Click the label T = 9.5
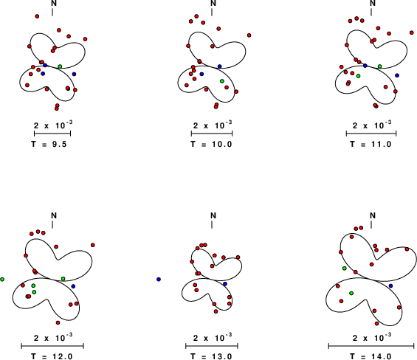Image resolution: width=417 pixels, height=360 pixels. pos(49,144)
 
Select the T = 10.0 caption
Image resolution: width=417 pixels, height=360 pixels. pos(211,144)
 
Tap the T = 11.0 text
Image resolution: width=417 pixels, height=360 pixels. pos(371,144)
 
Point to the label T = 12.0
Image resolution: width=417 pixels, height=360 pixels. pos(52,356)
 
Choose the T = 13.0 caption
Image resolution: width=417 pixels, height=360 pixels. pos(211,356)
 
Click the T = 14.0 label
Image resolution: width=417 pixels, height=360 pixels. pos(371,356)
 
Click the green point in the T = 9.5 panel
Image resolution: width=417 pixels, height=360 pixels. pos(60,66)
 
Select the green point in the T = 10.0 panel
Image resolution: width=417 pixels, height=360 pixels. pos(222,81)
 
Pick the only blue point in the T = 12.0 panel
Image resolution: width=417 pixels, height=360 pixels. pos(73,286)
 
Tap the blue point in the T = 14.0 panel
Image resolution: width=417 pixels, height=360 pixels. pos(390,285)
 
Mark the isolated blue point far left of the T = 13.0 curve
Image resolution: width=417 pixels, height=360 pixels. pos(159,280)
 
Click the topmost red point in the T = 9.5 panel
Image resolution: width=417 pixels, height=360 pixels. pos(37,16)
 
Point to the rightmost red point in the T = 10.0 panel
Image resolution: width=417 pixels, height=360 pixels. pos(249,35)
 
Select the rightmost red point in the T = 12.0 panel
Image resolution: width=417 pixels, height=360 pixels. pos(93,245)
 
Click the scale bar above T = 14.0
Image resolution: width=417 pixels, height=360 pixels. pos(371,346)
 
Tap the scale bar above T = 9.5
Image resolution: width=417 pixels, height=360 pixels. pos(52,134)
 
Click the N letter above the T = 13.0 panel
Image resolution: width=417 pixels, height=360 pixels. pos(213,215)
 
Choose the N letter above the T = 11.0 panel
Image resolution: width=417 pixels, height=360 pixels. pos(373,3)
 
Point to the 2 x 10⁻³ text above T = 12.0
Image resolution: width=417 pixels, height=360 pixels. pos(53,338)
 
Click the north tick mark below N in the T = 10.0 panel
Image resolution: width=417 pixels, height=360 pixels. pos(212,13)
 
